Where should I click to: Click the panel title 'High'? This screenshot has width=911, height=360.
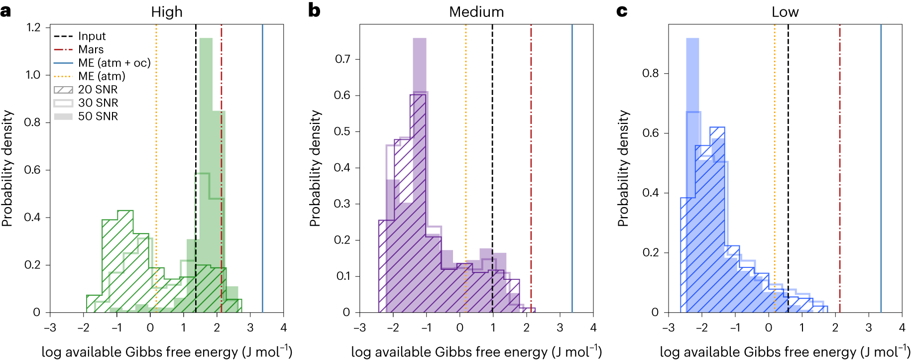[x=167, y=12]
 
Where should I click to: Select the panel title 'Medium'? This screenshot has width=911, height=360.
[x=476, y=12]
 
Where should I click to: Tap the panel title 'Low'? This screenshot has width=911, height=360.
[x=785, y=12]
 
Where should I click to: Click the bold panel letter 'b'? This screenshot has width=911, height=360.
[x=314, y=10]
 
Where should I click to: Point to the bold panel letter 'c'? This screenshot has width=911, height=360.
[x=622, y=11]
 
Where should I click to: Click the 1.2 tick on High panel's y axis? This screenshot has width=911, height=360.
[x=34, y=27]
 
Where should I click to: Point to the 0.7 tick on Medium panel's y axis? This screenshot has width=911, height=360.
[x=342, y=59]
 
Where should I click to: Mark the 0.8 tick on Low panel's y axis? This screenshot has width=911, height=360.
[x=650, y=73]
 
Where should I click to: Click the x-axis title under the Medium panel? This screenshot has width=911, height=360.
[x=476, y=352]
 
